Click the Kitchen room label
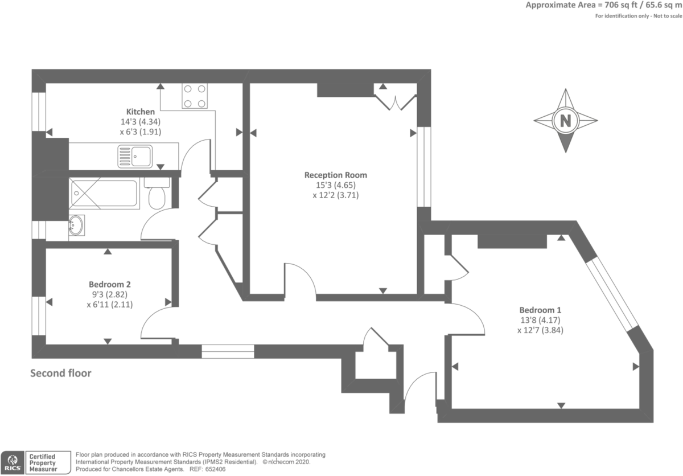[x=140, y=112]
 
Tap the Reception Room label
[x=336, y=175]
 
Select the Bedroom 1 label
[x=540, y=310]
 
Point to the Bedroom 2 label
[x=110, y=285]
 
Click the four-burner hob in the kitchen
[x=195, y=96]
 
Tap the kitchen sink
[x=135, y=157]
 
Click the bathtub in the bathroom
[x=104, y=194]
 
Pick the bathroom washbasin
[x=76, y=225]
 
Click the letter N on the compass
[x=566, y=121]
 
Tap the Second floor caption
[x=61, y=374]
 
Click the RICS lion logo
[x=13, y=462]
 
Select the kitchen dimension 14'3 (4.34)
[x=140, y=122]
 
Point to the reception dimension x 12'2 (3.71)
[x=336, y=195]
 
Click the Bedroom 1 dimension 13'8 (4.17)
[x=540, y=320]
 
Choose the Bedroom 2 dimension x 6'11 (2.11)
[x=110, y=305]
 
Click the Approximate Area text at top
[x=604, y=5]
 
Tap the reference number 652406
[x=215, y=469]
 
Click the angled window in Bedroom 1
[x=612, y=294]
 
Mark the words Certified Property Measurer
[x=43, y=462]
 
